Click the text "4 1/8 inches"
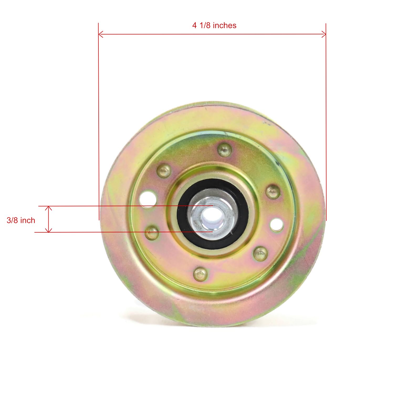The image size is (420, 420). pos(214,25)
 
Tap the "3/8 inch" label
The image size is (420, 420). pos(21,220)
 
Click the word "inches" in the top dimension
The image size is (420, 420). pos(224,25)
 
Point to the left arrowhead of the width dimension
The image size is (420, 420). pos(100,34)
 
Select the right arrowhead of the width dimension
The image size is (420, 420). pos(324,34)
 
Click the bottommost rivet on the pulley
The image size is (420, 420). pos(200,274)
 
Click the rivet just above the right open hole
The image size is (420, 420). pos(273,191)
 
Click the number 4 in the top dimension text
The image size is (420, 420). pos(195,25)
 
